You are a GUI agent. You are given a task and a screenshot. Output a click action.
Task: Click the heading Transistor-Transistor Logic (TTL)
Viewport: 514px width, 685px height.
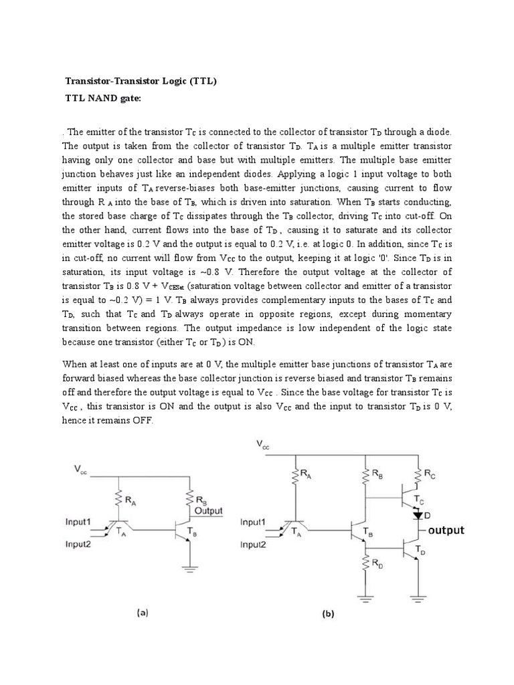pos(141,81)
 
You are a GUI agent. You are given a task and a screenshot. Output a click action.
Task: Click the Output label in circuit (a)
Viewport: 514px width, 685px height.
pos(209,510)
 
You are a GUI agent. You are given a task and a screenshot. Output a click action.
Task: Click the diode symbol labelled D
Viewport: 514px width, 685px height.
pos(420,516)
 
